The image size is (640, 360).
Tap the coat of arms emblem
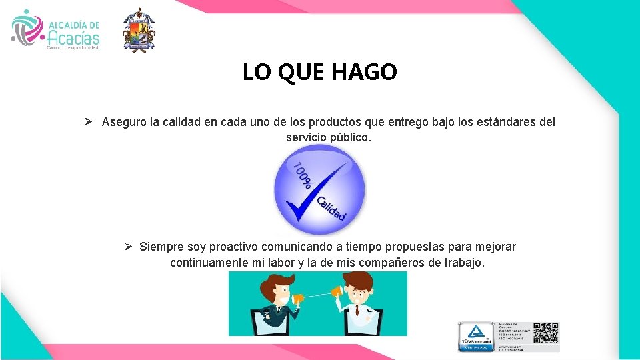pos(139,31)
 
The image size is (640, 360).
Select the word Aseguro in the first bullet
pos(125,123)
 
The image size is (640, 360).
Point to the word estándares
pos(495,123)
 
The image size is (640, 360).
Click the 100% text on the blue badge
pos(303,175)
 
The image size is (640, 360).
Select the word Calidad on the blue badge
pos(331,208)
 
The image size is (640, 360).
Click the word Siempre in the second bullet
pos(160,247)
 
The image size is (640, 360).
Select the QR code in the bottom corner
pos(546,333)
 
